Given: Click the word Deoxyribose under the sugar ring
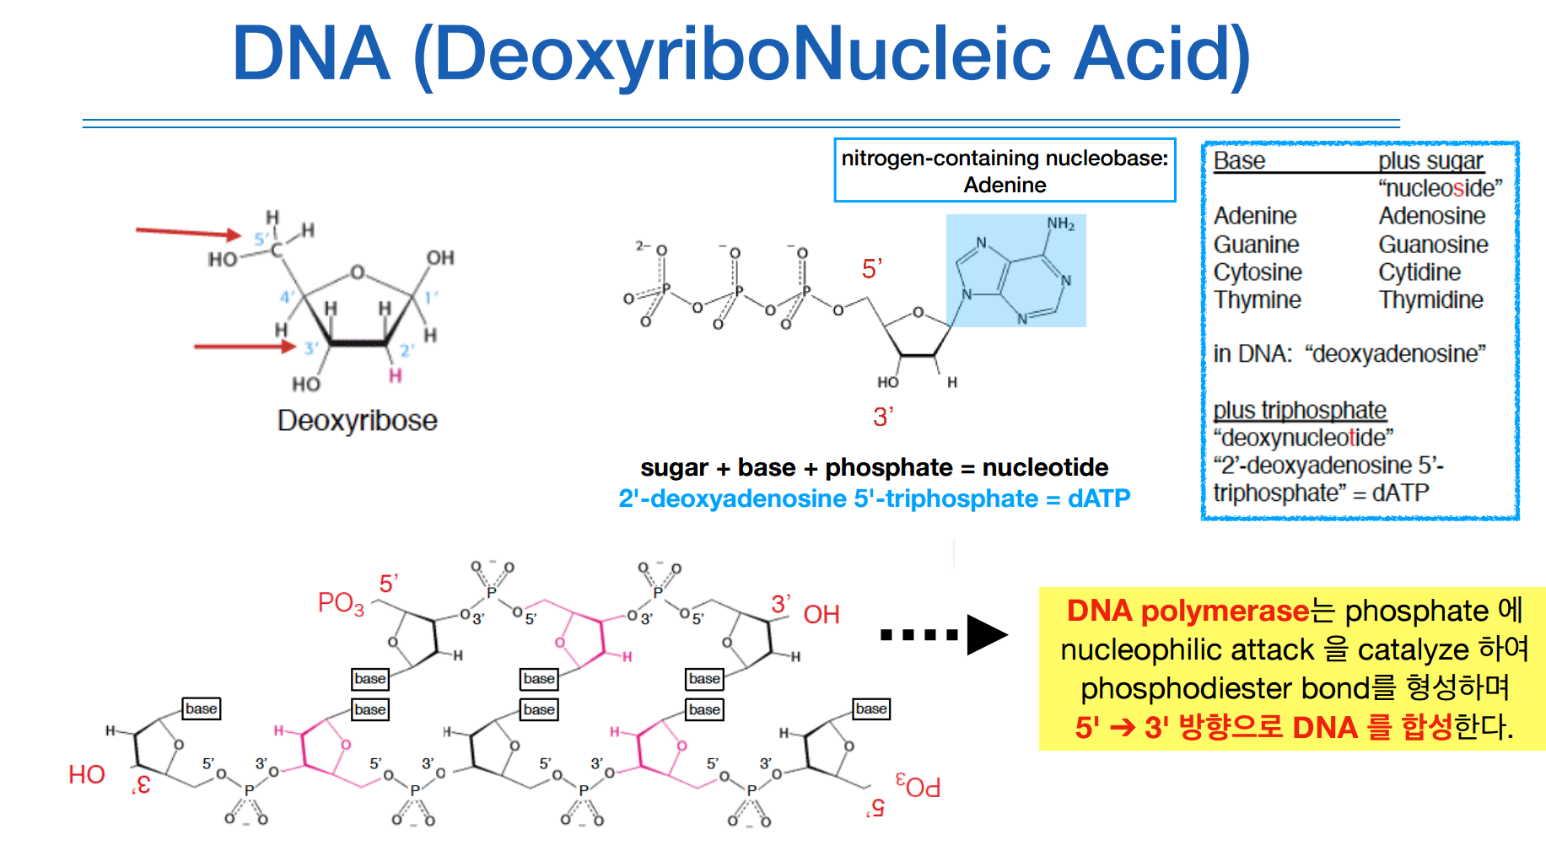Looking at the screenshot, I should [357, 420].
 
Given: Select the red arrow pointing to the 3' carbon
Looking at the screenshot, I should [245, 346].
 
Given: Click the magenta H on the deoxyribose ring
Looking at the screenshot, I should [395, 375].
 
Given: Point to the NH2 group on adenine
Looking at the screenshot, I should [1060, 224].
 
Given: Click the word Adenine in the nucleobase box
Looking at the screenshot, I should [1005, 185].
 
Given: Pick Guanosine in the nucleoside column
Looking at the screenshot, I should [1433, 245].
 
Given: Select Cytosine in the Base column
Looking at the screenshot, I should [1258, 272].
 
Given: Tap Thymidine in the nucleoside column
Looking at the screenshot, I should [1430, 300].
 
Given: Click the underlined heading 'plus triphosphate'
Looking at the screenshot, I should [1300, 410].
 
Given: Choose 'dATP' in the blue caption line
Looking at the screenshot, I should [1098, 498].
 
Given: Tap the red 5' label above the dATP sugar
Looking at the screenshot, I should [871, 269].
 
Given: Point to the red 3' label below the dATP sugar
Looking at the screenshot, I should [883, 417].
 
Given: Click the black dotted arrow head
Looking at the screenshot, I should [987, 634].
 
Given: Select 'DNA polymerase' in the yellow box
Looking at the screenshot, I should [1188, 611].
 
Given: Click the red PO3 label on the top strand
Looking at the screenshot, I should [341, 603].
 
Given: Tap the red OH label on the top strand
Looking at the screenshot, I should [821, 614].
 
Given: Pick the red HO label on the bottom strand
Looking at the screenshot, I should [87, 774].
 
